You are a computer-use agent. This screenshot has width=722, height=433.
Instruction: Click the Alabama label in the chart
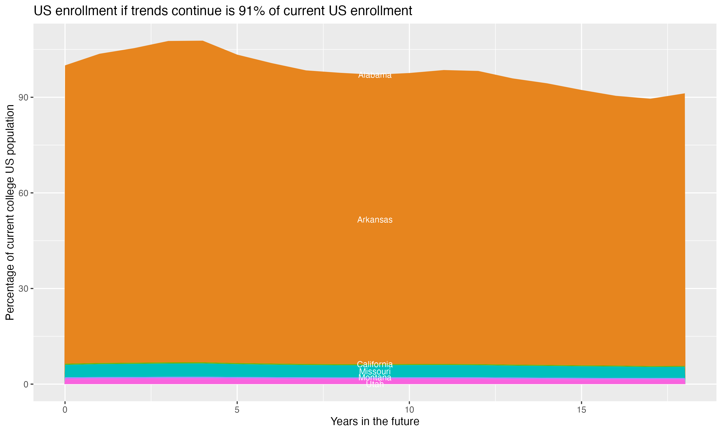click(375, 75)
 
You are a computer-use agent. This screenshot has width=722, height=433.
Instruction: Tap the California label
click(375, 364)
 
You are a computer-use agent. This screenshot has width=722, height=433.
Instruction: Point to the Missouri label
click(375, 372)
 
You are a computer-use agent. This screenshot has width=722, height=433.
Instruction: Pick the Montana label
click(375, 378)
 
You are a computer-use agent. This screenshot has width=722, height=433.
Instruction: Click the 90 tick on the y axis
click(23, 97)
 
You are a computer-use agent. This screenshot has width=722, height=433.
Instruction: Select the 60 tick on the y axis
click(23, 193)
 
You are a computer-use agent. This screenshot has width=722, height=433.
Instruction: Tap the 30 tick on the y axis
click(23, 289)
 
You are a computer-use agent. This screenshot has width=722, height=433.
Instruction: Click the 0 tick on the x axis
click(65, 410)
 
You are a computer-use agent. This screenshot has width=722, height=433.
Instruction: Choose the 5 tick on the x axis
click(237, 410)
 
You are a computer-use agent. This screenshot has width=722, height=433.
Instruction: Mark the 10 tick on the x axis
click(409, 410)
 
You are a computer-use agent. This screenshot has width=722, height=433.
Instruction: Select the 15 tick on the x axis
click(581, 410)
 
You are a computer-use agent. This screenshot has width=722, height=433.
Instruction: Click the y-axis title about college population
click(10, 212)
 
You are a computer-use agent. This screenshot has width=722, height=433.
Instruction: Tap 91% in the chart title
click(251, 11)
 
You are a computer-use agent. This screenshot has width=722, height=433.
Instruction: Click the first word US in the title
click(43, 11)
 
